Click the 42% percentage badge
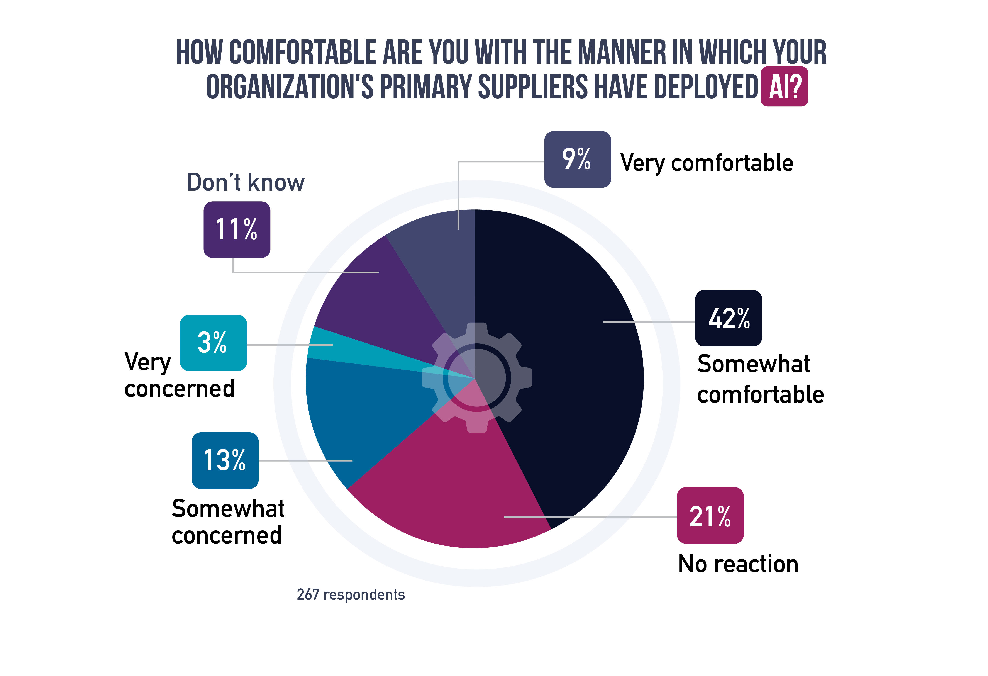(x=728, y=318)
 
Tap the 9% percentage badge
(x=577, y=160)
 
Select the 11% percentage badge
(x=237, y=230)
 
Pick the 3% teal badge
(x=214, y=343)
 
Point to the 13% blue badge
(x=225, y=460)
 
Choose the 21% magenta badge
(x=710, y=515)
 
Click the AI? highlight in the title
(x=784, y=86)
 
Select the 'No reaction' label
(x=738, y=564)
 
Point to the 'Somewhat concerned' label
(x=228, y=522)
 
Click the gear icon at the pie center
(x=476, y=377)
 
